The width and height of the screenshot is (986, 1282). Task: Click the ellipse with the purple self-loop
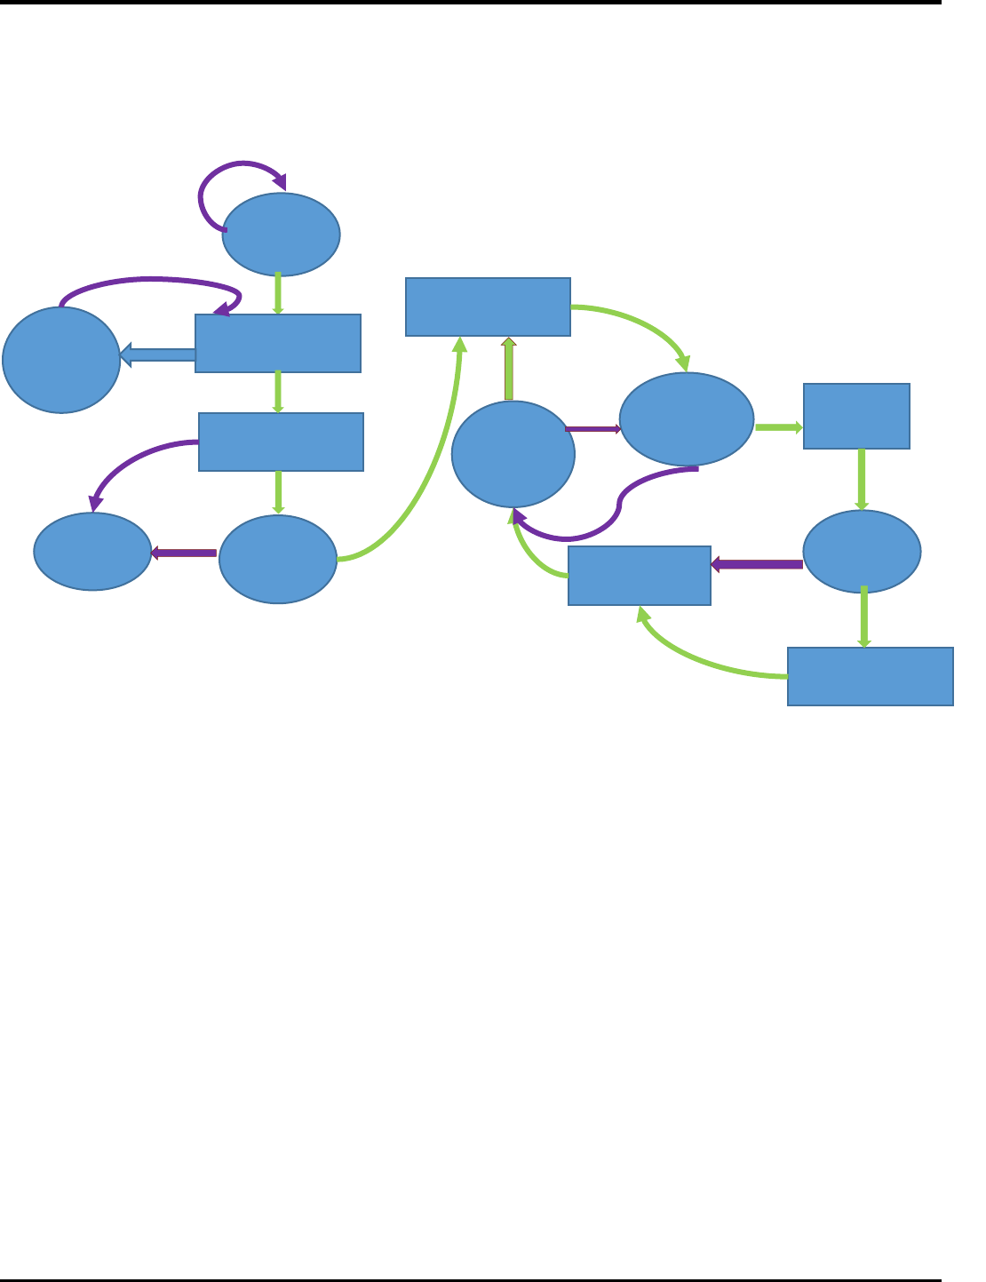281,235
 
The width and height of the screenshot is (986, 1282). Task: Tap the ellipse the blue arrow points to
61,360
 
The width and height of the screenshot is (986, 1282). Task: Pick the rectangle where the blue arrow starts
278,343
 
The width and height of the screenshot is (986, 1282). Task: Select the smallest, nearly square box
856,416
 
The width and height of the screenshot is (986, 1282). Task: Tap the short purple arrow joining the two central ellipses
592,428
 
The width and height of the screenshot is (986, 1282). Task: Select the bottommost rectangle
871,676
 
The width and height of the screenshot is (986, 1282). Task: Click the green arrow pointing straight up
509,368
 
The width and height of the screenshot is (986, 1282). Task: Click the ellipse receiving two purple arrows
92,551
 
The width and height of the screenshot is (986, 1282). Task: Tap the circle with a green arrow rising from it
513,454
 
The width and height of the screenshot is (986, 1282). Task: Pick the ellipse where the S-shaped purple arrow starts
686,418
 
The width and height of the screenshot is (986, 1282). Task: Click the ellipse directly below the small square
862,551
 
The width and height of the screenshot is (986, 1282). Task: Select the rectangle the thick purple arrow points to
639,576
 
